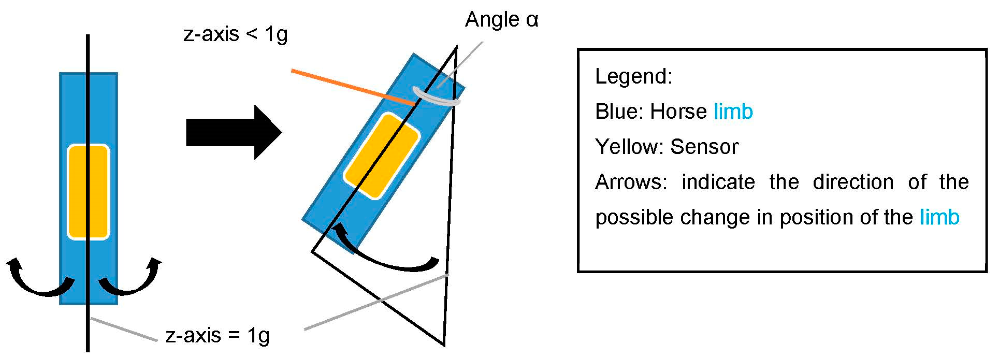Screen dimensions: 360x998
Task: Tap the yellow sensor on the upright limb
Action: (88, 192)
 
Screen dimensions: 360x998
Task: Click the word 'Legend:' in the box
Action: (633, 76)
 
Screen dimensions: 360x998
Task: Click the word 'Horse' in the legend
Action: (678, 112)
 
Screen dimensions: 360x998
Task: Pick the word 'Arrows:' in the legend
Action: (631, 182)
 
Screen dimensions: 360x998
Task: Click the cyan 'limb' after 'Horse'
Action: (733, 112)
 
